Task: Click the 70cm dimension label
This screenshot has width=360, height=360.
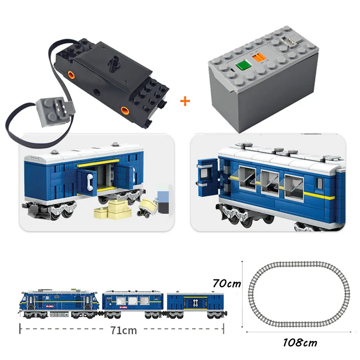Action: point(226,284)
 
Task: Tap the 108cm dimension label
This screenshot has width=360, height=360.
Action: point(300,342)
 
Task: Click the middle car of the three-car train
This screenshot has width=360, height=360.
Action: point(133,302)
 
